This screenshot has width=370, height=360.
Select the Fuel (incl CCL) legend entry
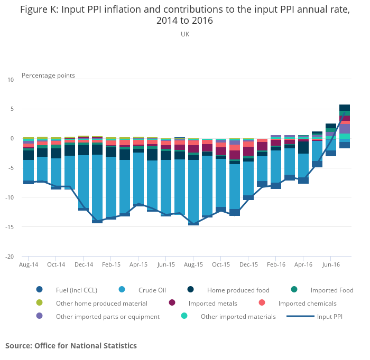(x=76, y=290)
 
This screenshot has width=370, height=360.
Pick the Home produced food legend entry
(x=238, y=290)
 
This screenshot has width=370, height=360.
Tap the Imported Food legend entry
(x=331, y=290)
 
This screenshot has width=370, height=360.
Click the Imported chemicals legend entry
(x=307, y=304)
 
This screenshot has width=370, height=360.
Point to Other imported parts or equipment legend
(x=107, y=317)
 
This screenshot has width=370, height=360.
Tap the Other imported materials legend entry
(x=238, y=317)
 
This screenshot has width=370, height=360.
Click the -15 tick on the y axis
(x=10, y=228)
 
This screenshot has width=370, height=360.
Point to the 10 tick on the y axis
(x=11, y=80)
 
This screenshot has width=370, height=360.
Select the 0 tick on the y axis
(x=13, y=139)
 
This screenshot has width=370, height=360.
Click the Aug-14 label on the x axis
(x=29, y=264)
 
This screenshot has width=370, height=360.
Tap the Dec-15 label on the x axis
(x=248, y=264)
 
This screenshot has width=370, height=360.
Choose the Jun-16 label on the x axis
(x=330, y=264)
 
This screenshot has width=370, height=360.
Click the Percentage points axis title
(x=48, y=75)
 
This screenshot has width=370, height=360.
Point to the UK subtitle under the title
(x=184, y=34)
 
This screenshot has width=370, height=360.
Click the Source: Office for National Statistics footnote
(x=71, y=346)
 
